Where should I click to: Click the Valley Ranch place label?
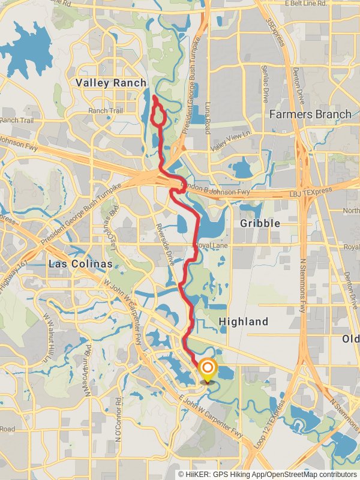coord(110,83)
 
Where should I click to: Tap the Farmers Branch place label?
coord(310,114)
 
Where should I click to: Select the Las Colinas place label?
coord(80,265)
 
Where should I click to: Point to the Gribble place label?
coord(260,223)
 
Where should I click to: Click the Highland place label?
coord(243,322)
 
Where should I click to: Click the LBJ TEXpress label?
coord(311,191)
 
